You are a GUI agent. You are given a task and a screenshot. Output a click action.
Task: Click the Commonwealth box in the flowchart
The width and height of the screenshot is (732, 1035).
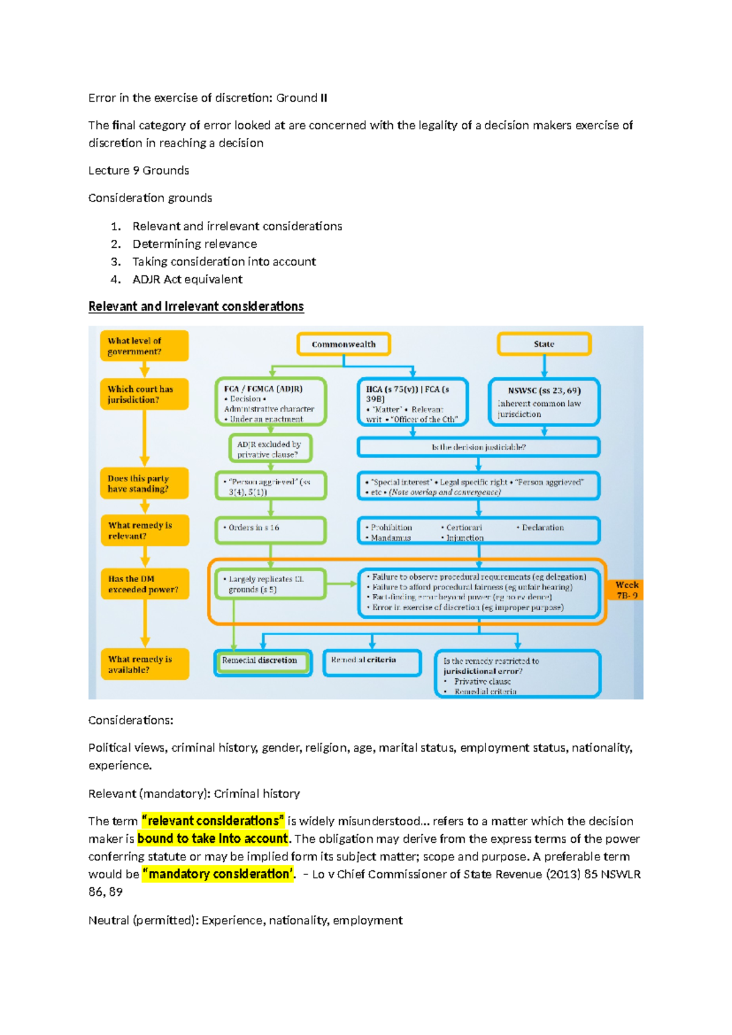point(343,344)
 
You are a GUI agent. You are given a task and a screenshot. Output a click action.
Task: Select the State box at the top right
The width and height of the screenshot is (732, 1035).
point(544,344)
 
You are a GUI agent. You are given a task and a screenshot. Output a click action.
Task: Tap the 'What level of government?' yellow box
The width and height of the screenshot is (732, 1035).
point(144,346)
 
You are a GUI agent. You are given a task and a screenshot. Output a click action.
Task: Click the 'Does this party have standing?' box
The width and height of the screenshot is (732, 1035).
point(144,483)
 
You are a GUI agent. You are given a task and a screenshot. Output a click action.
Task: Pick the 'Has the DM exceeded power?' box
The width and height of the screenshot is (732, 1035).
point(145,584)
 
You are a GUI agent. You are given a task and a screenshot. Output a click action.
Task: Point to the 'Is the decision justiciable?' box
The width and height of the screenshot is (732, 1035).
point(478,447)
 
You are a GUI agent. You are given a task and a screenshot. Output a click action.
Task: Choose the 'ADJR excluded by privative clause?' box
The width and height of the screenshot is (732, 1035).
point(270,449)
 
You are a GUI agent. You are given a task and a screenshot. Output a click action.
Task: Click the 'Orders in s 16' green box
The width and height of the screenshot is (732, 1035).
point(270,530)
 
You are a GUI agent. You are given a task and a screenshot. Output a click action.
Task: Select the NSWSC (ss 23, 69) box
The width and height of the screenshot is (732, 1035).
point(544,402)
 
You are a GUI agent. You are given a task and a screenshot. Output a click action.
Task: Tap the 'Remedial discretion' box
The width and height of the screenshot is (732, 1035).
point(262,662)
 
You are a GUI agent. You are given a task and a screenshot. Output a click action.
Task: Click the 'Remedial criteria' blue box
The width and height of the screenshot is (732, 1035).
point(371,662)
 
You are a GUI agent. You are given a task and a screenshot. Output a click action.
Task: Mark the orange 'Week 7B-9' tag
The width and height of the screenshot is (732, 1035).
point(626,590)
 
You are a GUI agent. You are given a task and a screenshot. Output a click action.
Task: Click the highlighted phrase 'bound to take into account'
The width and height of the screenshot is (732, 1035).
point(212,838)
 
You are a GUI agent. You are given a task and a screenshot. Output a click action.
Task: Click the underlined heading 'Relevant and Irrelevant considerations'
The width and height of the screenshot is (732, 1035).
point(196,306)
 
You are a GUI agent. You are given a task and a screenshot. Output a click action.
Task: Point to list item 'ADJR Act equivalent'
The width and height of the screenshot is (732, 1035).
point(187,279)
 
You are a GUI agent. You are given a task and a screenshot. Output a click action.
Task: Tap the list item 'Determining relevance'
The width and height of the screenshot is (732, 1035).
point(195,244)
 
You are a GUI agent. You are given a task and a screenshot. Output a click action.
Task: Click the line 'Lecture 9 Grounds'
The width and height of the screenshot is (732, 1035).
point(138,171)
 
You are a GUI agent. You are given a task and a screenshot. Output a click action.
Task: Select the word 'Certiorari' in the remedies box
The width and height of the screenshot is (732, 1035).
point(464,527)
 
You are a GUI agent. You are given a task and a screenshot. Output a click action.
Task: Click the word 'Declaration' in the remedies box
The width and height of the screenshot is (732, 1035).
point(542,527)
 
